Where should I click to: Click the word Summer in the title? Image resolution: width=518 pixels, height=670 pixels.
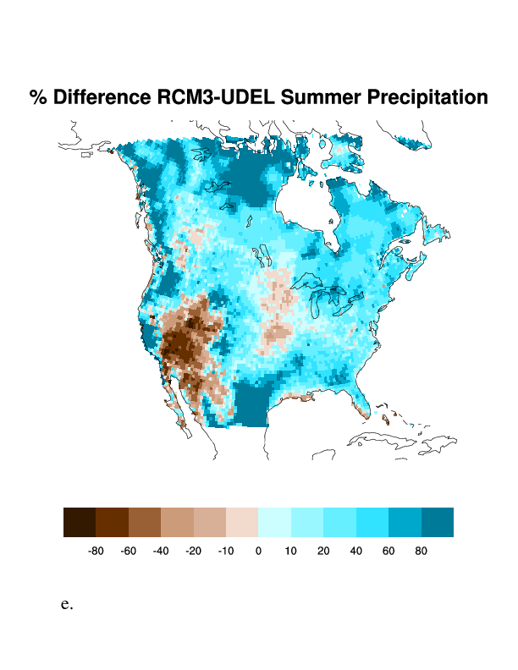point(320,98)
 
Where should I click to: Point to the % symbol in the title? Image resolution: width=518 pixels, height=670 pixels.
point(37,98)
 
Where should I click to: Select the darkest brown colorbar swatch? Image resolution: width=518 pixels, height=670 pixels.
point(80,522)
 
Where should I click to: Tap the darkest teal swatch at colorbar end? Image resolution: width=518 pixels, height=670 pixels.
point(438,522)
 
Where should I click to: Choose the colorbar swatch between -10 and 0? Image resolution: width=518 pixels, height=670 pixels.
point(242,522)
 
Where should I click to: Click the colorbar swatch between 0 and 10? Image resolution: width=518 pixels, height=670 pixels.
point(274,522)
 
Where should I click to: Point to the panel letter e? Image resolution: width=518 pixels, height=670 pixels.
point(67,605)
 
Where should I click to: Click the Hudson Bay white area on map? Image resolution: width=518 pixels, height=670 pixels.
point(305,203)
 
